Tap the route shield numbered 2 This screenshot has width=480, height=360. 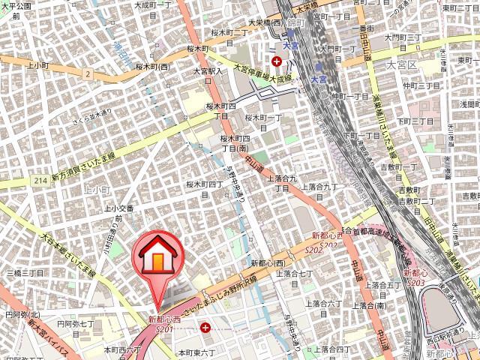point(88,74)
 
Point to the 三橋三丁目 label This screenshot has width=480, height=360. point(25,274)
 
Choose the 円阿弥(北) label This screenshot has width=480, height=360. point(22,315)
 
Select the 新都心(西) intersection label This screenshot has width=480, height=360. point(268,264)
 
